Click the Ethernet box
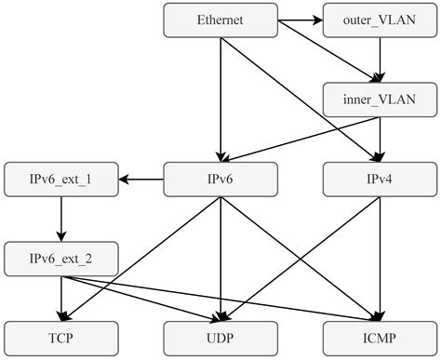[220, 20]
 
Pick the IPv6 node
[220, 179]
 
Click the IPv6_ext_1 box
[60, 179]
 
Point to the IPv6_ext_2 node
[60, 258]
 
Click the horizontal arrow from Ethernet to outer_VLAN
[300, 18]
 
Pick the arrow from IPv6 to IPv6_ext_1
[140, 179]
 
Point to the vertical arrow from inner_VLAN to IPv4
[381, 139]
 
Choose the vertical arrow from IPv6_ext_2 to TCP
[60, 298]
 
